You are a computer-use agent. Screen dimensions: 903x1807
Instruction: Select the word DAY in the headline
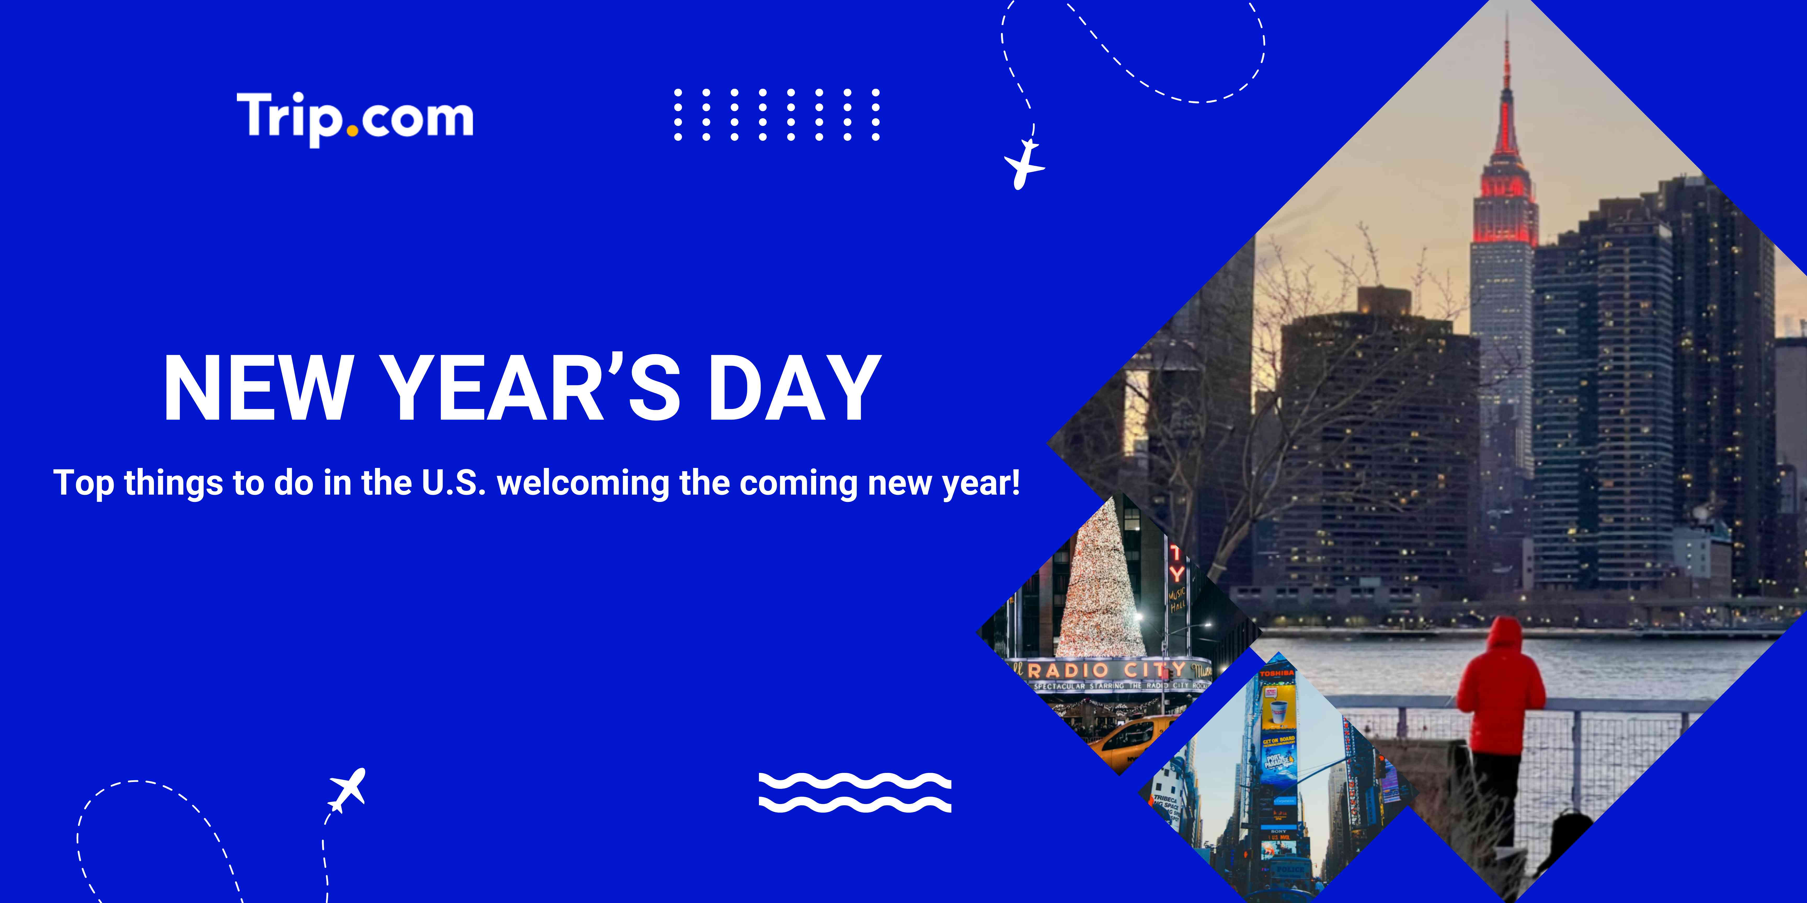795,388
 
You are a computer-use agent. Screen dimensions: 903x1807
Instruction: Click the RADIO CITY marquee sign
1108,669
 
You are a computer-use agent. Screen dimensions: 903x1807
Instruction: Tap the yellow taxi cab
1129,740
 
